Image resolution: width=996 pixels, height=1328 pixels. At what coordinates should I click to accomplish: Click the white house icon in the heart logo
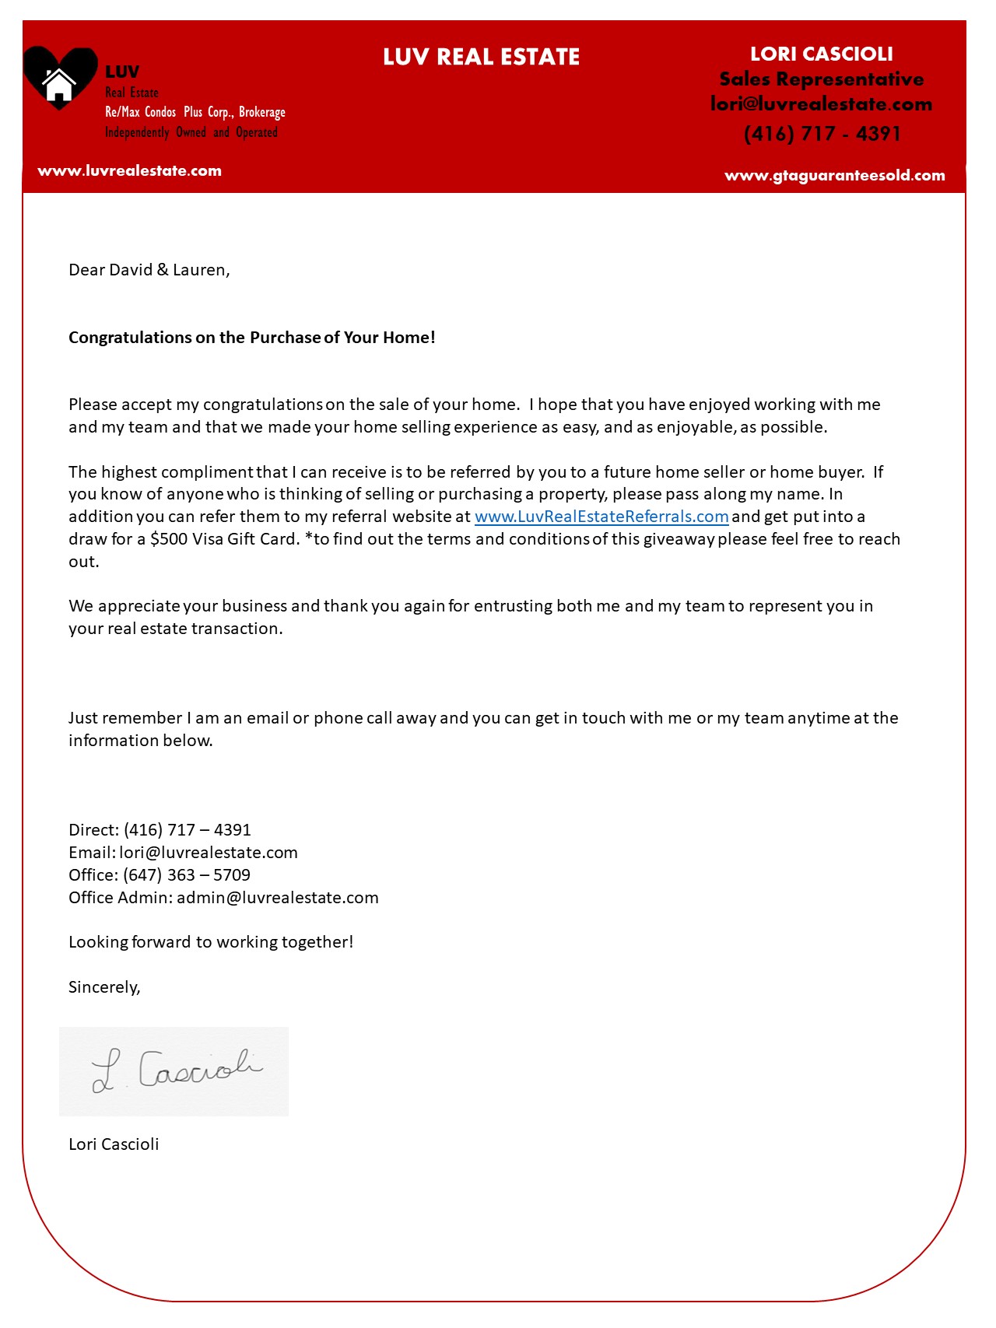coord(58,84)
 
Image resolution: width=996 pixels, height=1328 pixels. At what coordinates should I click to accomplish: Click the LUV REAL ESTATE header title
coord(481,57)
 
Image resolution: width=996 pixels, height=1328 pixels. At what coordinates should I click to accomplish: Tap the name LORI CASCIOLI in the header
coord(821,54)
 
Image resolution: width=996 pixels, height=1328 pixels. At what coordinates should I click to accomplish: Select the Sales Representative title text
coord(821,79)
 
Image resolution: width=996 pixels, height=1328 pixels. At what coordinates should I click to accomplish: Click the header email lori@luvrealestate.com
coord(821,104)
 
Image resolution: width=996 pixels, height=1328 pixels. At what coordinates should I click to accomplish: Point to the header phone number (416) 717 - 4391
coord(822,134)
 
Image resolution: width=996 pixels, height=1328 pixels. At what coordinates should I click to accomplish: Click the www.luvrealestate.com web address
coord(129,171)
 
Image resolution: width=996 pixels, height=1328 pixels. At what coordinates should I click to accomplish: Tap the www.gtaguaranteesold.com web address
coord(834,176)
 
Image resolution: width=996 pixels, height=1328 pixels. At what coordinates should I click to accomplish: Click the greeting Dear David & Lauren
coord(149,270)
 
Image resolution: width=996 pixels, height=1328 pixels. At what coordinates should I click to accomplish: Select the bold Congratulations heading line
coord(251,338)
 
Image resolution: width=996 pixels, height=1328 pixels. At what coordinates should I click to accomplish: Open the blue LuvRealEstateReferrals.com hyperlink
coord(601,517)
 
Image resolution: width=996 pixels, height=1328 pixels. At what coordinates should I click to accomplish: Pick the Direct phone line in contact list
coord(160,830)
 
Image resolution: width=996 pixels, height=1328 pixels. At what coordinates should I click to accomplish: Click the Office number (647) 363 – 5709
coord(187,875)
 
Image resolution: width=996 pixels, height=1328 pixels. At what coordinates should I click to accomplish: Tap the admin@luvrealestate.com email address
coord(277,898)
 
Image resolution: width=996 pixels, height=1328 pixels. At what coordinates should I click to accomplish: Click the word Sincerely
coord(103,987)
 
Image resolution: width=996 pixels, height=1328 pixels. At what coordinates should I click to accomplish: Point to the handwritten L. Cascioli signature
coord(176,1071)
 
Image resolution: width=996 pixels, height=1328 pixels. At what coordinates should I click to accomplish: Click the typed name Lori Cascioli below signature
coord(114,1144)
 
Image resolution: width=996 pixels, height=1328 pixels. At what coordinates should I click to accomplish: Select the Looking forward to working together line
coord(211,942)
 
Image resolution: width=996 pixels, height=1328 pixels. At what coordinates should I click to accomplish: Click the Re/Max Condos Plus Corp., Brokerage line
coord(195,112)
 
